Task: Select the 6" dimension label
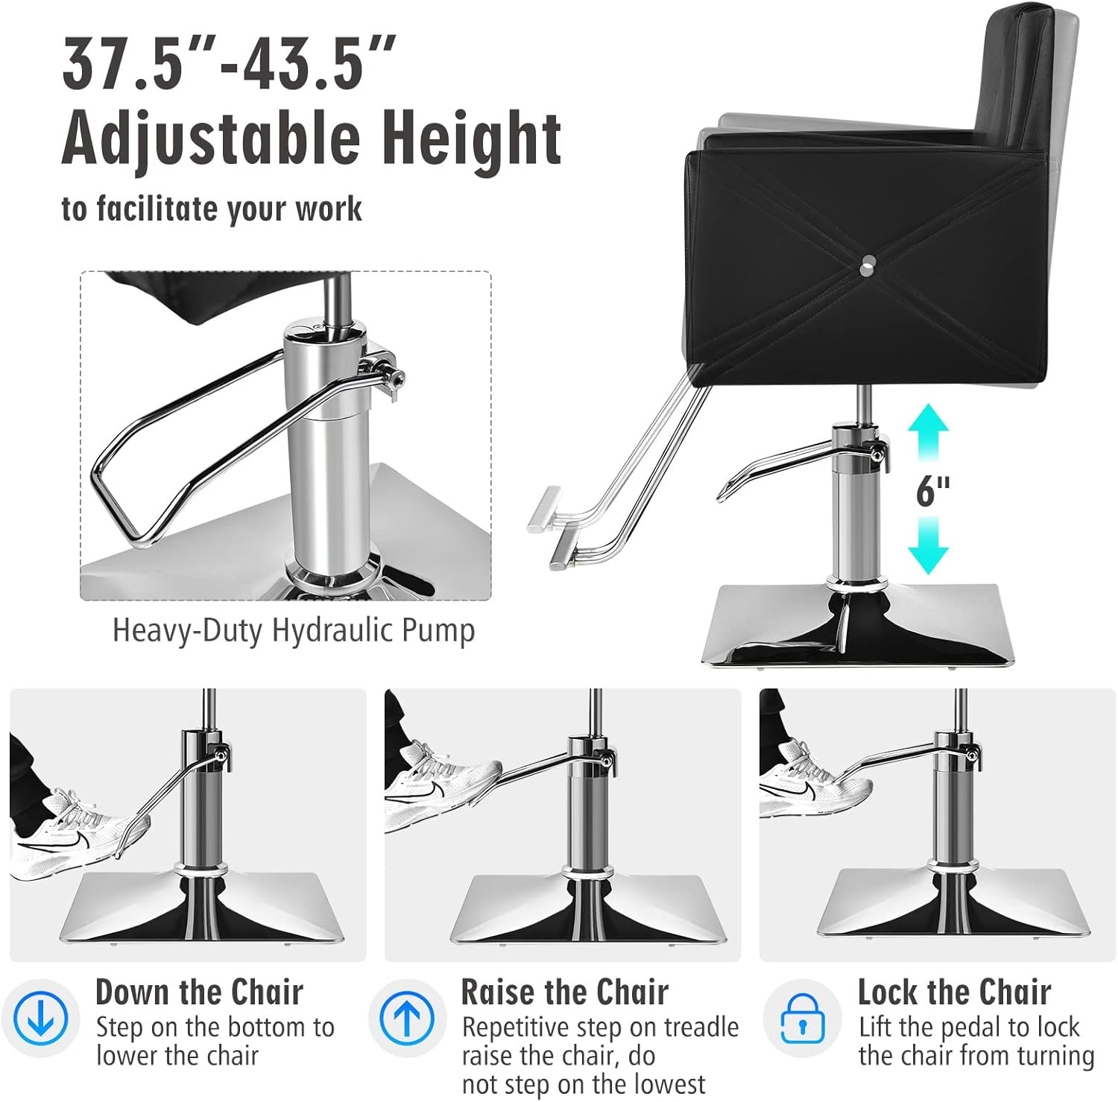coord(932,491)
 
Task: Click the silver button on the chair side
coord(867,263)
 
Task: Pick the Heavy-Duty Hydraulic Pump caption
coord(294,630)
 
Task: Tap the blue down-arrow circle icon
coord(40,1018)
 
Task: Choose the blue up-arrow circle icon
coord(407,1018)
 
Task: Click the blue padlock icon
coord(802,1019)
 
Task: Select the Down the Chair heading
coord(199,992)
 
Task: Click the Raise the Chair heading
coord(564,992)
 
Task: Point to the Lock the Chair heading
coord(953,992)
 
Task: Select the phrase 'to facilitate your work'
coord(212,209)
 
